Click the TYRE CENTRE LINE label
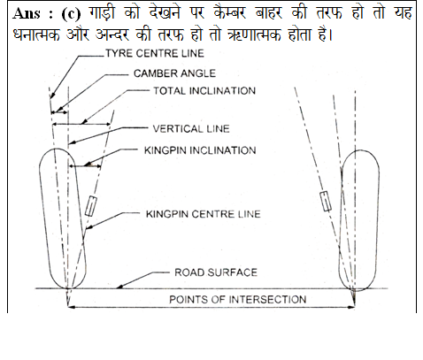[155, 53]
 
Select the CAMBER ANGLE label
[174, 73]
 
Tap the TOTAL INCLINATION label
[204, 90]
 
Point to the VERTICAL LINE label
[191, 128]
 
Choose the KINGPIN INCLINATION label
[200, 150]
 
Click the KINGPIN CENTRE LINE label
[204, 214]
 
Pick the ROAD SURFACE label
[216, 272]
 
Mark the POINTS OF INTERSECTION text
[238, 300]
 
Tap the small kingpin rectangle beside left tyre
[91, 206]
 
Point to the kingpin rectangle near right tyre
[326, 201]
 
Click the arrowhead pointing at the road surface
[119, 286]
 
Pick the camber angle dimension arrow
[59, 112]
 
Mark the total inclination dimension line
[81, 124]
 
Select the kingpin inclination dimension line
[85, 166]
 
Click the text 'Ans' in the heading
[26, 13]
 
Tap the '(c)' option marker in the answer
[71, 14]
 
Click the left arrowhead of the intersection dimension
[72, 307]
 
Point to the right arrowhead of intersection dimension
[351, 307]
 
